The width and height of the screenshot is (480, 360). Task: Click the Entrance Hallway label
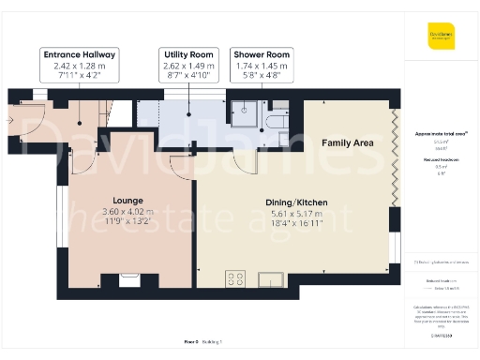point(79,55)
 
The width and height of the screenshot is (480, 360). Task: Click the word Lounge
point(127,201)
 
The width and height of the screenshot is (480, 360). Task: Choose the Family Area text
point(347,142)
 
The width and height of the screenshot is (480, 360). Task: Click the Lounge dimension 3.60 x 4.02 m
point(127,212)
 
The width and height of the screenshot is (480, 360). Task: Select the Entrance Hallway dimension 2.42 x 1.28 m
point(79,67)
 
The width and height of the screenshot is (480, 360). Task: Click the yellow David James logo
point(442,39)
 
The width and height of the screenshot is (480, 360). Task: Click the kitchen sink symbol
point(271,278)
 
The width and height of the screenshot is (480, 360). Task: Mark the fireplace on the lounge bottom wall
point(128,278)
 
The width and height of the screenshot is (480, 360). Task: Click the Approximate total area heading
point(442,134)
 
